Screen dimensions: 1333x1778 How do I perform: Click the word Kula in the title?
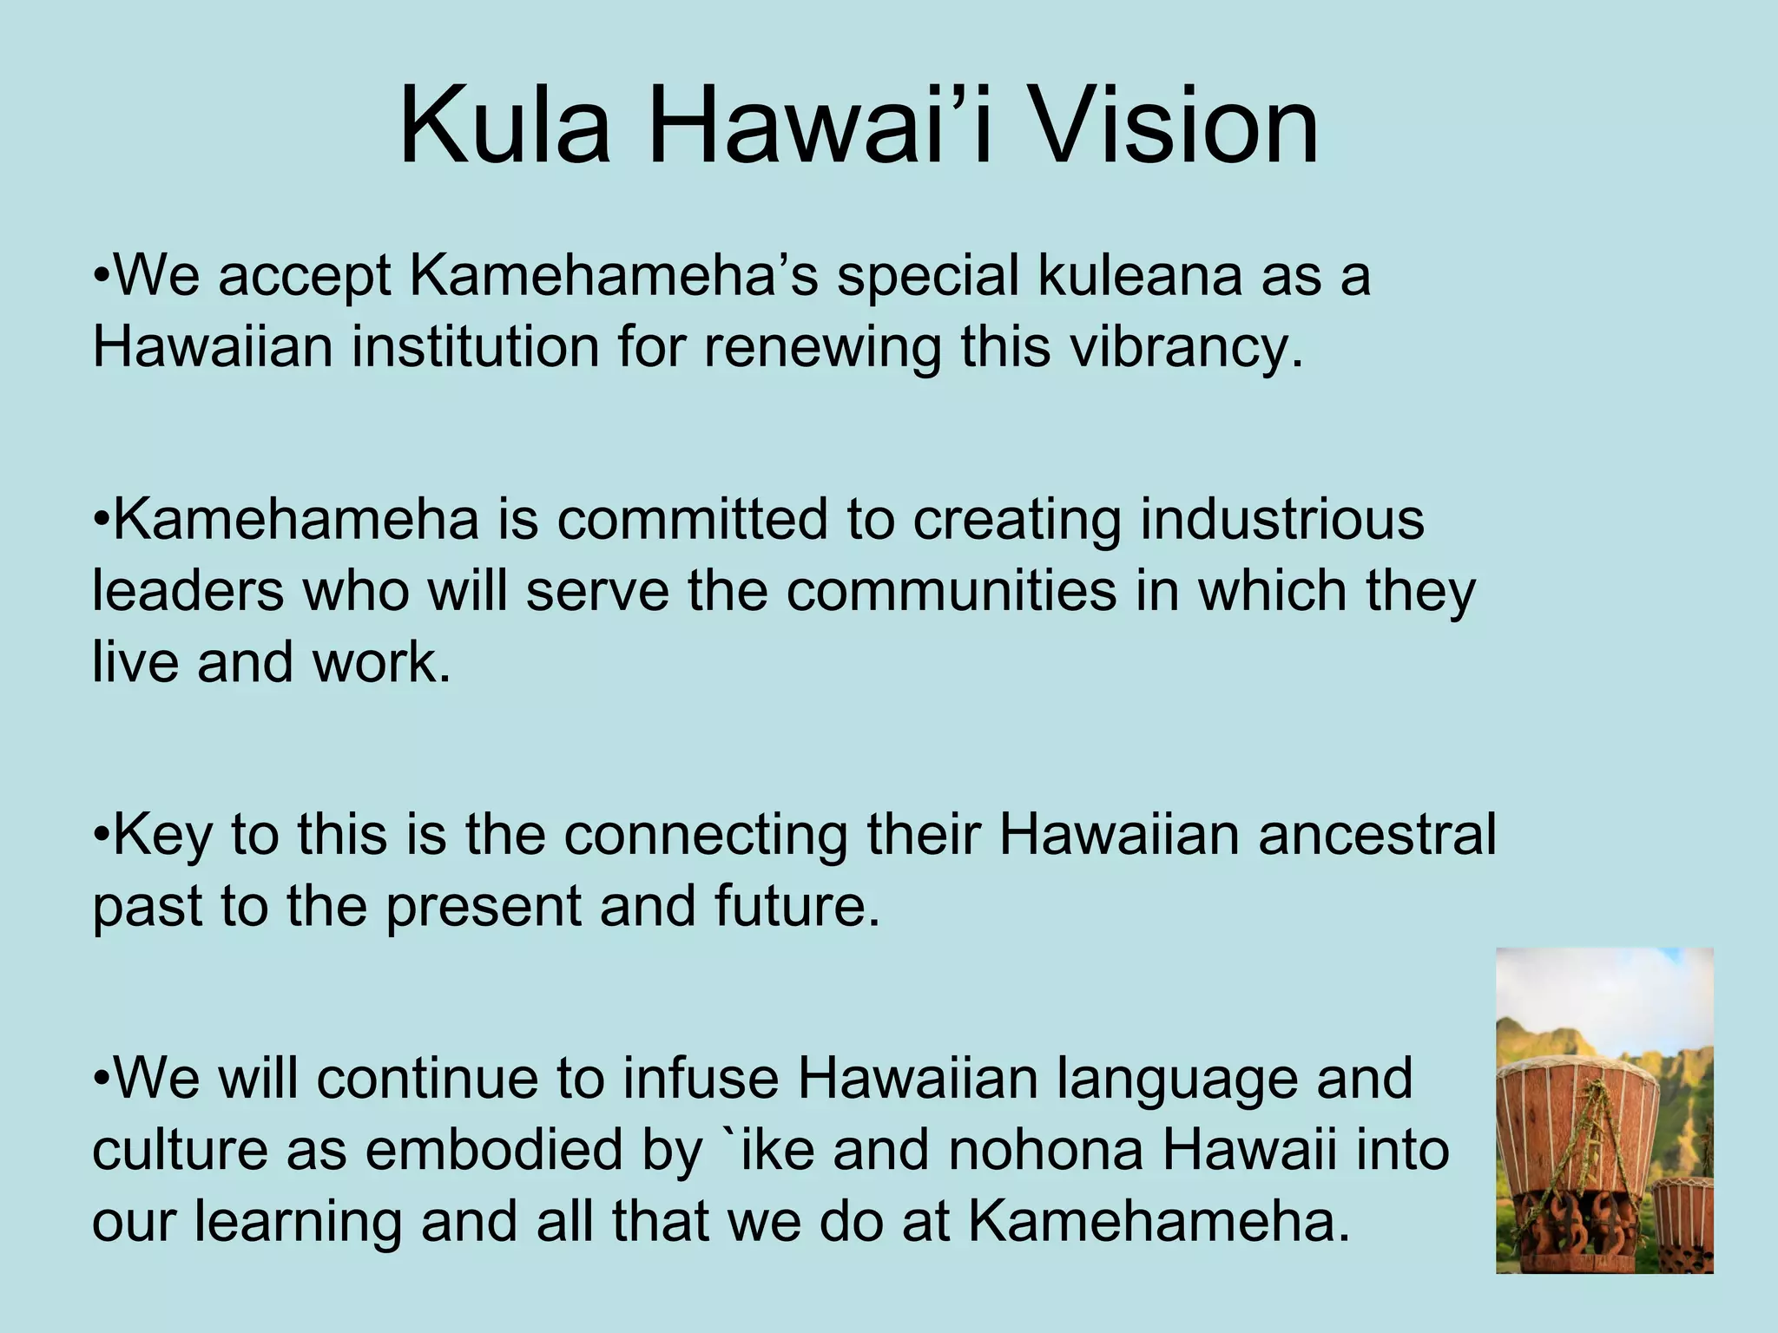pos(504,128)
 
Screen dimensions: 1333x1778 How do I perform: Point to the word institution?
pos(476,347)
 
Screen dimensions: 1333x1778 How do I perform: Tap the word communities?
pos(952,592)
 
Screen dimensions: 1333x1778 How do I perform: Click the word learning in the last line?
pos(298,1224)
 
